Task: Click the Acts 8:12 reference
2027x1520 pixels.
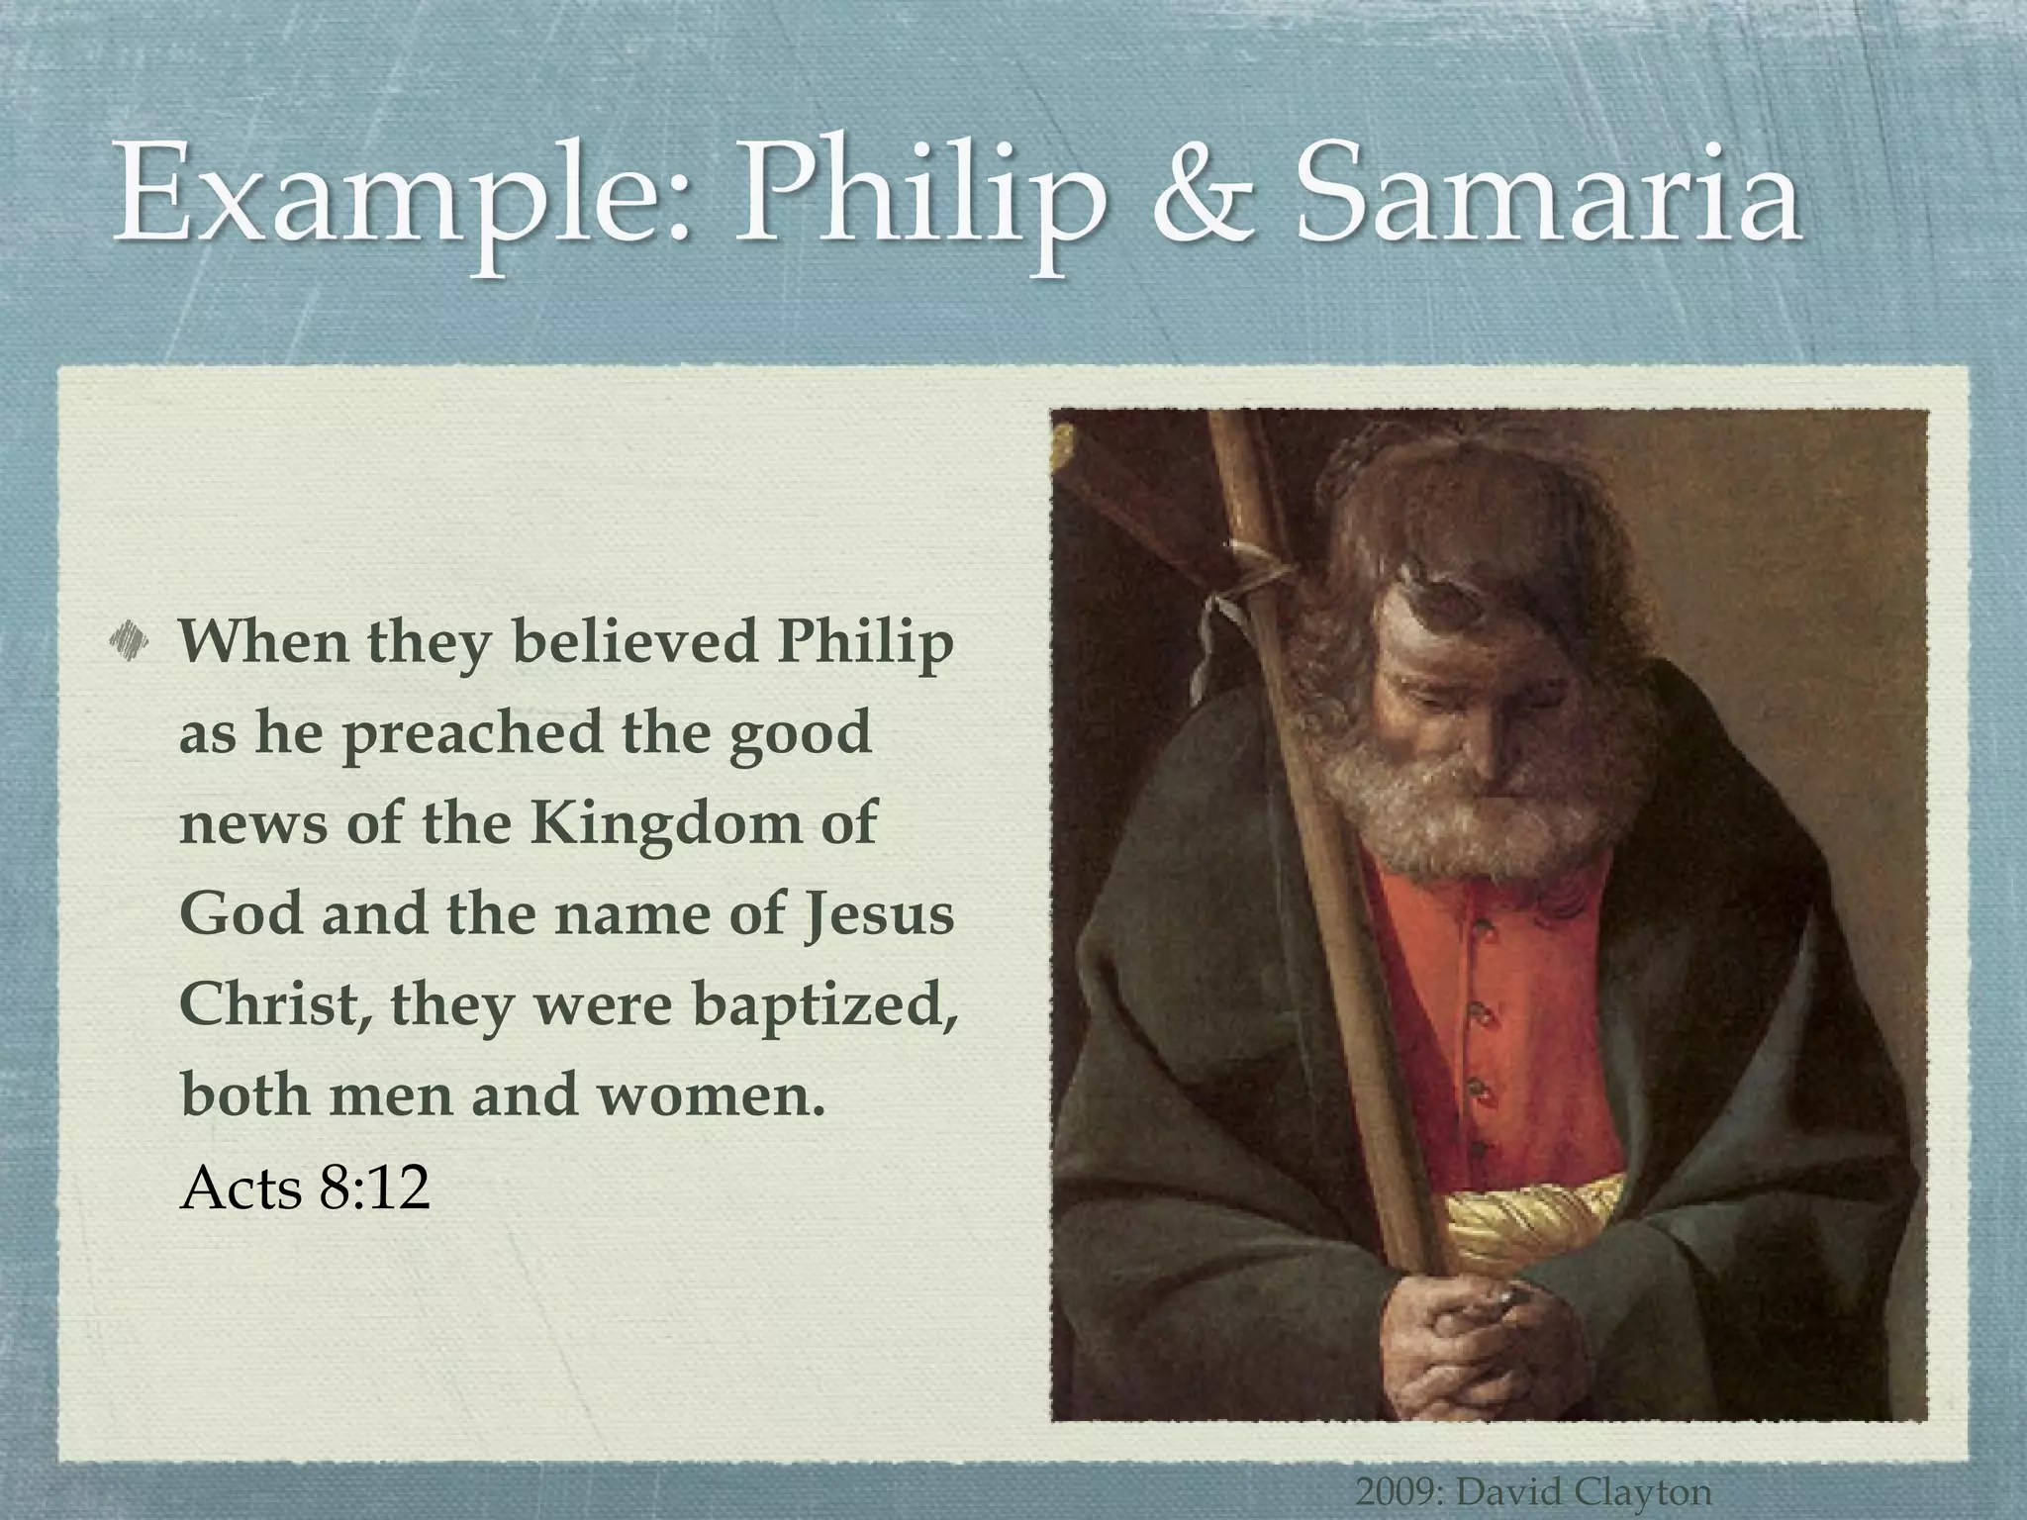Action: coord(305,1187)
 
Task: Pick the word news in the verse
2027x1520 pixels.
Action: coord(252,824)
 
